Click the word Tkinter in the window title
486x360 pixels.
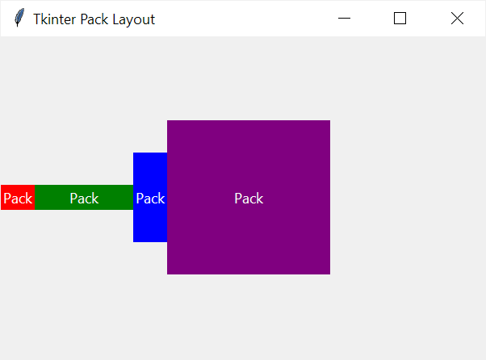[x=54, y=19]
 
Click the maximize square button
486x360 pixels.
[x=400, y=19]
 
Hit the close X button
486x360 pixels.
[x=457, y=19]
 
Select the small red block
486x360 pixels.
[x=18, y=198]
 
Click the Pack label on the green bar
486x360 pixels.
[x=84, y=199]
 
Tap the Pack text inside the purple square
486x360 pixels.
[x=249, y=199]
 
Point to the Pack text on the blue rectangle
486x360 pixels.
[x=150, y=199]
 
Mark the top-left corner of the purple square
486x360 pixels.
[x=168, y=121]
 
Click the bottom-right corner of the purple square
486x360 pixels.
[x=329, y=274]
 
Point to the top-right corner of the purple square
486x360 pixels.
[x=329, y=121]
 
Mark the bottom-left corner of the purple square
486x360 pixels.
[x=168, y=274]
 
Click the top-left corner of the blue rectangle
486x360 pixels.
[x=134, y=153]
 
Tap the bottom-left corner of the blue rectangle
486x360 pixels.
[x=134, y=241]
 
